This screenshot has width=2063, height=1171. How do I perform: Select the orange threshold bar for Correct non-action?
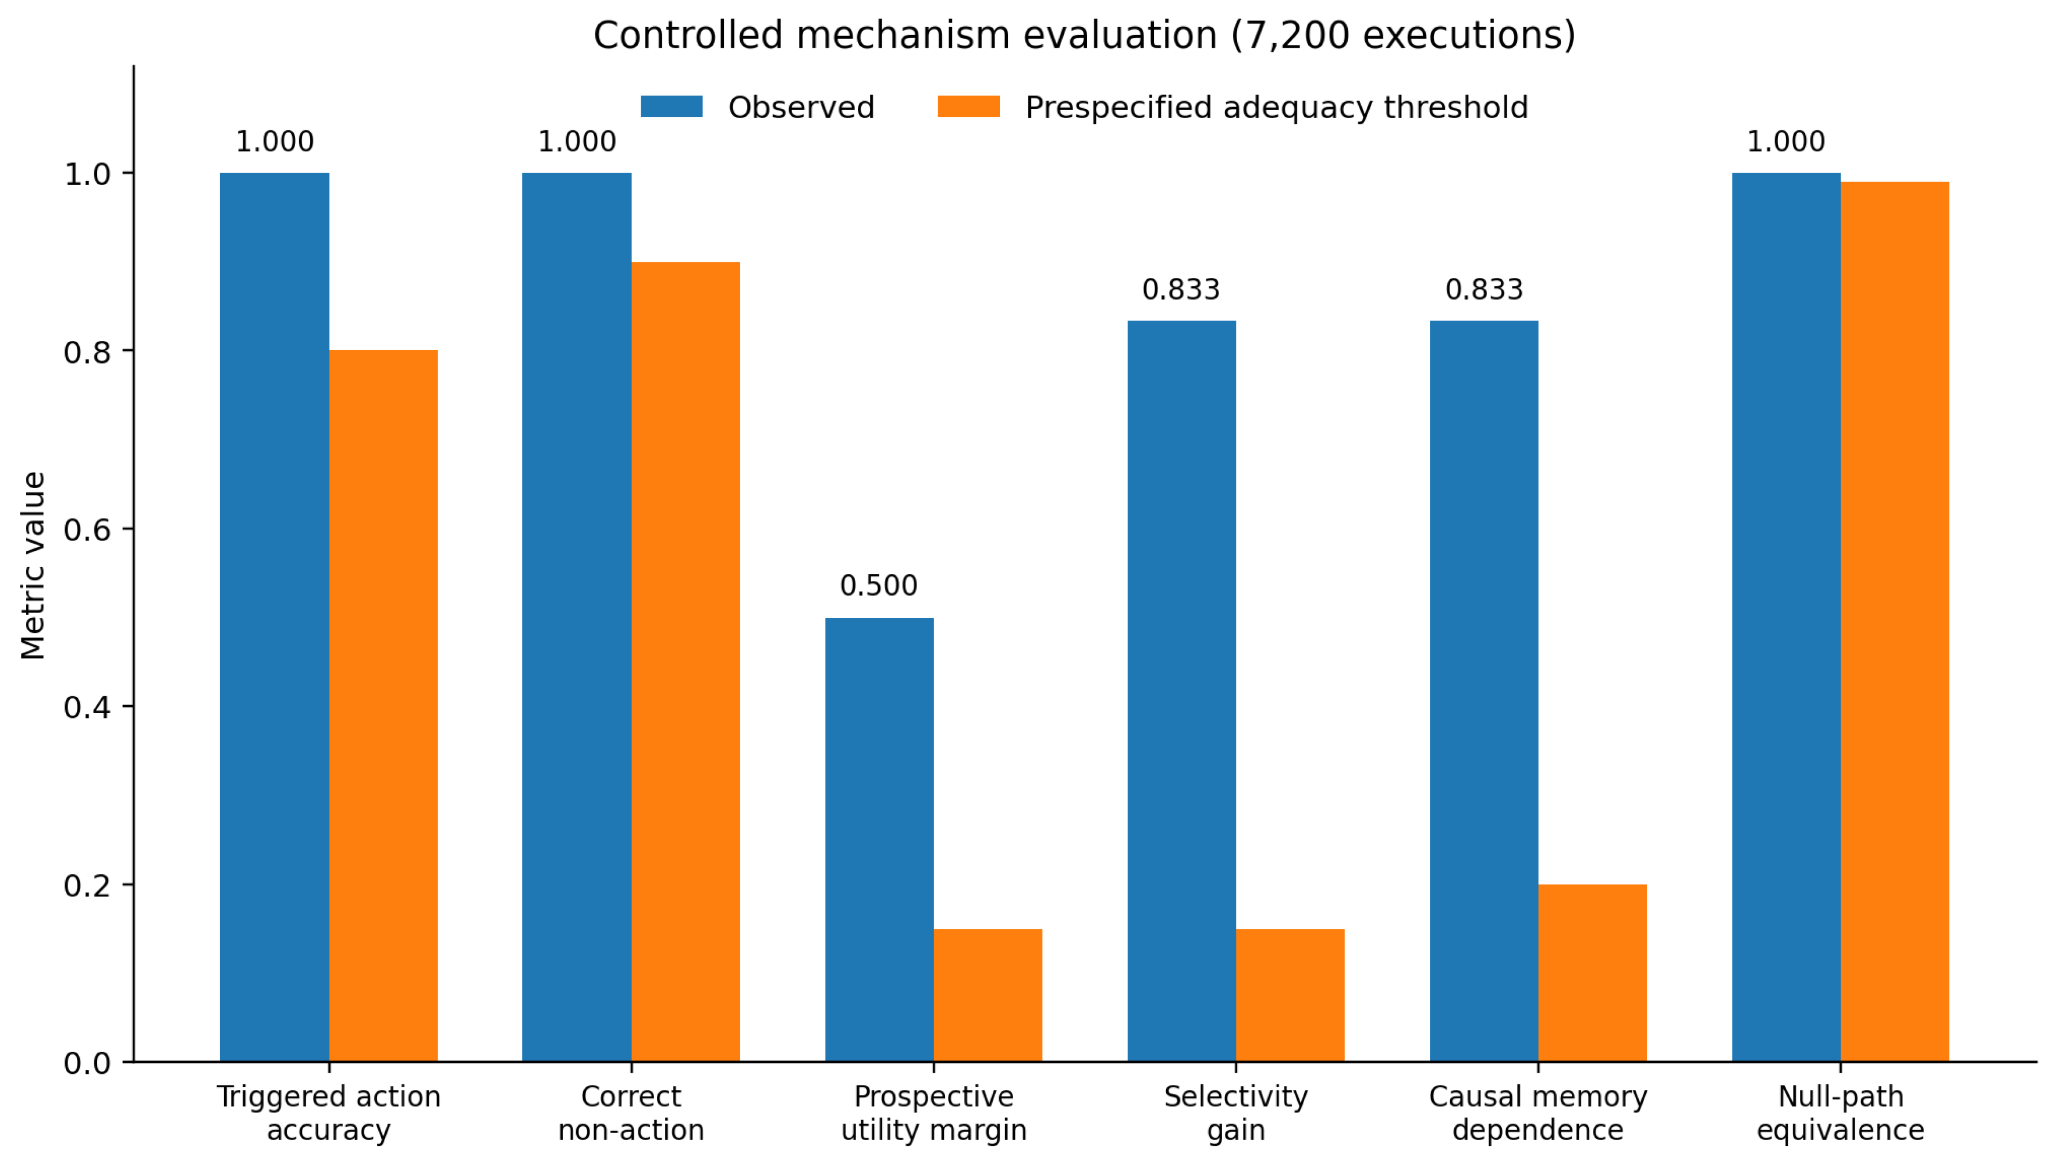(x=686, y=662)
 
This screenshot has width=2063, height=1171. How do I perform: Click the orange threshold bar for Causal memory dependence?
(x=1592, y=973)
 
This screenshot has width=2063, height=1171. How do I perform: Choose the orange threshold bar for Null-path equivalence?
(x=1895, y=622)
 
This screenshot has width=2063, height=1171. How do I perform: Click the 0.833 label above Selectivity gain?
(x=1181, y=290)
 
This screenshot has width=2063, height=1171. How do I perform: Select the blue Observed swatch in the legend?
(x=672, y=107)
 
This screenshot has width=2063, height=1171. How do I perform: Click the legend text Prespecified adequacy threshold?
(x=1277, y=107)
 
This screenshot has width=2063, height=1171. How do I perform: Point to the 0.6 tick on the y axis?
(x=129, y=529)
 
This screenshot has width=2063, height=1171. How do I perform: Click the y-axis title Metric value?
(x=33, y=565)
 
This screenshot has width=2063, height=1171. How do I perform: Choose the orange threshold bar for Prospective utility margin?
(x=988, y=996)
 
